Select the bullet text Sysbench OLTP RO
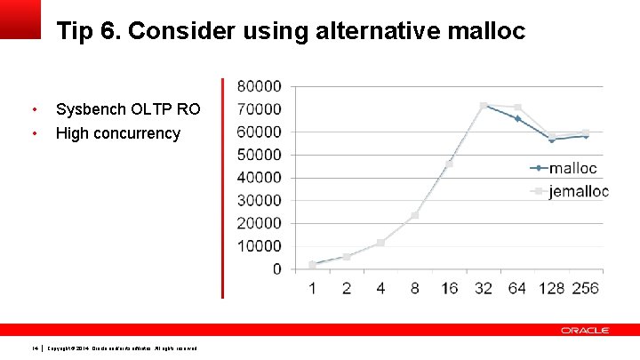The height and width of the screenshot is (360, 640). [128, 109]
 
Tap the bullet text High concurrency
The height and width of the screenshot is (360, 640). [117, 133]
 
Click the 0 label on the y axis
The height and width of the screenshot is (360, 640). [277, 268]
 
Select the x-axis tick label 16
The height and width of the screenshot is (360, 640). [448, 288]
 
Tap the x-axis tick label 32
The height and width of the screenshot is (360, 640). [483, 288]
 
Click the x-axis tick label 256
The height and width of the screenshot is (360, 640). [585, 288]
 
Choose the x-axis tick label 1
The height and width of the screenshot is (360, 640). [312, 288]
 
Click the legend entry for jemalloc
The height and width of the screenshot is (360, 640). [578, 192]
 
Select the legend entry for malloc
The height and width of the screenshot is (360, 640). [572, 168]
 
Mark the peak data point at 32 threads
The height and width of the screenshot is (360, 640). [484, 106]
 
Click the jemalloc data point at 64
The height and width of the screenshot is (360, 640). [517, 108]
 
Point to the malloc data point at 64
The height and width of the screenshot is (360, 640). [517, 118]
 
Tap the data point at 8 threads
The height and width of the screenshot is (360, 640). [414, 215]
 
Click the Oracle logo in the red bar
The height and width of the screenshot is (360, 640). [585, 330]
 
